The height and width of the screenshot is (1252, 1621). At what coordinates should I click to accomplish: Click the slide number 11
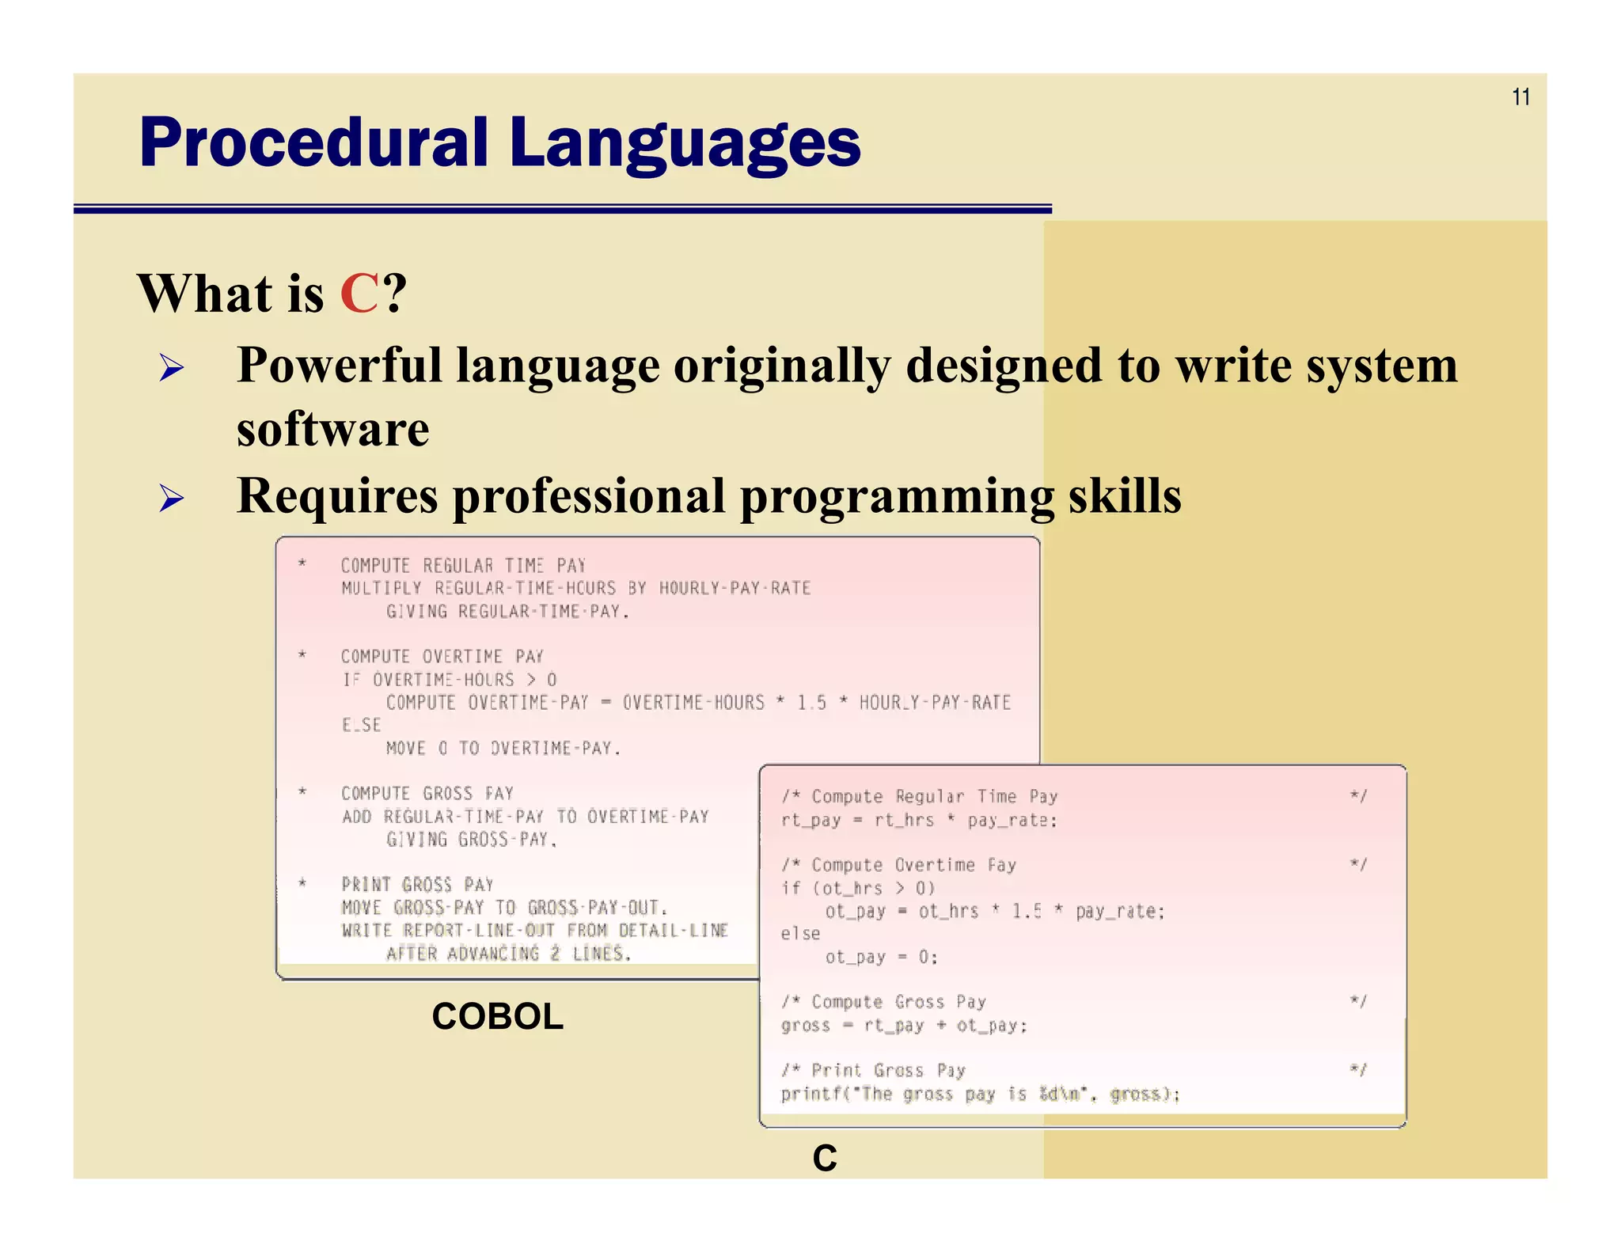[x=1520, y=97]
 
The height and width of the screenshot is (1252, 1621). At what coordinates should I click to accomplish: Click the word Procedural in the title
[x=313, y=143]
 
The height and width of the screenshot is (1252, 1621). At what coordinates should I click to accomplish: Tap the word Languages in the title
[x=685, y=143]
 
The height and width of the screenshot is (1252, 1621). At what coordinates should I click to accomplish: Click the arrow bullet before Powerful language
[x=171, y=368]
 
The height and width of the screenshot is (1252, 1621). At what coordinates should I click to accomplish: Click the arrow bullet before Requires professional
[x=171, y=499]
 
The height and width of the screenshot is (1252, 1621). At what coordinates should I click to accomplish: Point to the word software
[x=332, y=430]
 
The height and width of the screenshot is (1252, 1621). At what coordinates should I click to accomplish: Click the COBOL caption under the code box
[x=497, y=1016]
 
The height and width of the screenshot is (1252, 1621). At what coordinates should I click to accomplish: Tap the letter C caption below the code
[x=824, y=1158]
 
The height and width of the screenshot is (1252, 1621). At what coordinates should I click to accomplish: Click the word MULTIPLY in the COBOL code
[x=382, y=588]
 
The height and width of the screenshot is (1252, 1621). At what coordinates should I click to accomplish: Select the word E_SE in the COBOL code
[x=361, y=725]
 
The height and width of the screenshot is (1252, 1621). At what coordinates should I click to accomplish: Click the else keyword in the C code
[x=800, y=934]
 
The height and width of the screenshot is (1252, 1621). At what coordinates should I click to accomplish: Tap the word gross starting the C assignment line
[x=805, y=1026]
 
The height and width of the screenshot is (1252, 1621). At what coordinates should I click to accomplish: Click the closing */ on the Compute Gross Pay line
[x=1358, y=1002]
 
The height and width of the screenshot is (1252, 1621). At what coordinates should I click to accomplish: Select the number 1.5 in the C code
[x=1027, y=912]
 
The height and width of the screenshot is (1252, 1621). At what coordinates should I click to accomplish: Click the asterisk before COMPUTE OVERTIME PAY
[x=302, y=655]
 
